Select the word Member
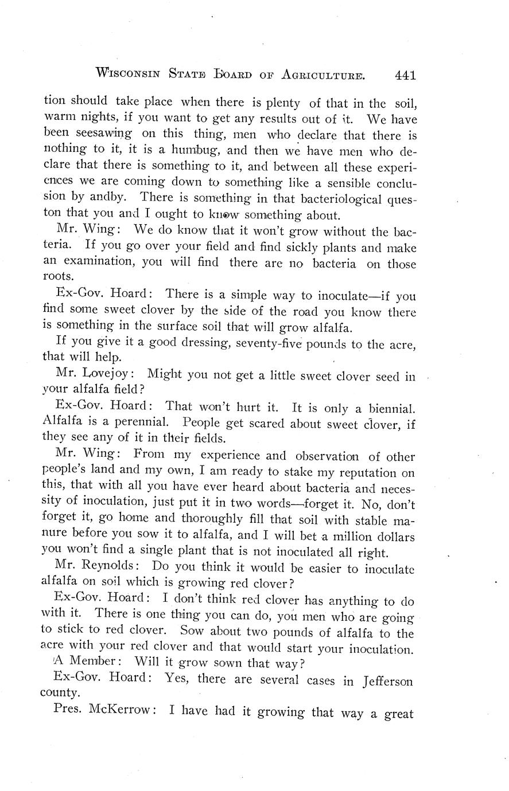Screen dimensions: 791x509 click(86, 664)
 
